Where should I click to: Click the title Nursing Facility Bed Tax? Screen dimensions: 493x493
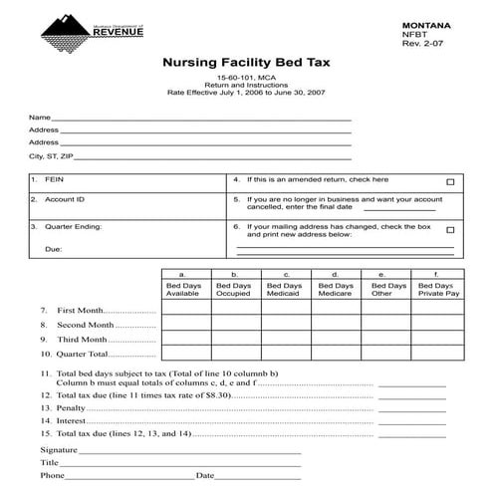click(x=246, y=63)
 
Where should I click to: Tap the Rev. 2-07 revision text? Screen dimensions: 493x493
click(x=419, y=44)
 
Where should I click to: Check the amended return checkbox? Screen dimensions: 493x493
click(x=450, y=182)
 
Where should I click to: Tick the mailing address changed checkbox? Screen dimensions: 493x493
click(x=450, y=229)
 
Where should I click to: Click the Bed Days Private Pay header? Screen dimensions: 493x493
click(x=438, y=290)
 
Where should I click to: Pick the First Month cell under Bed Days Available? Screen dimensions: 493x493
click(x=185, y=309)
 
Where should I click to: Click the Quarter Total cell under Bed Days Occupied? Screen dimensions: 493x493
click(x=234, y=354)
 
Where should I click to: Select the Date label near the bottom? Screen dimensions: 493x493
click(x=205, y=476)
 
